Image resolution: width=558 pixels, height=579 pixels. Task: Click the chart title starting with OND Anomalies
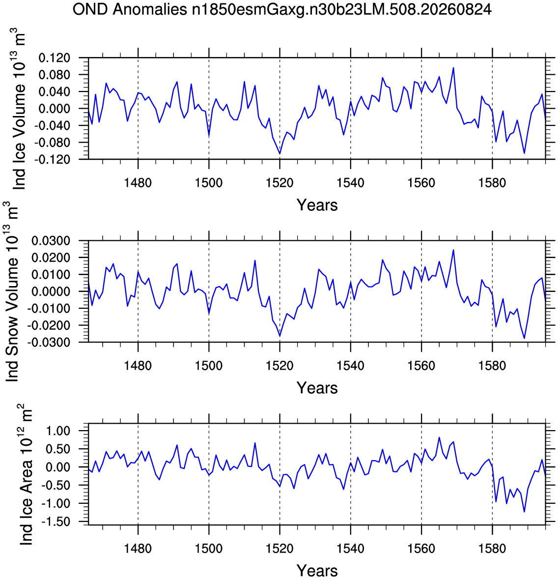tap(282, 10)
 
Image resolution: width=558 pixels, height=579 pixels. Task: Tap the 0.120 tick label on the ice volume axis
tap(54, 58)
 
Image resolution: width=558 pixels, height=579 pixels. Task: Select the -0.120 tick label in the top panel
tap(52, 160)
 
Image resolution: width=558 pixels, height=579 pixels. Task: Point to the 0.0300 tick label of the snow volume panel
tap(51, 241)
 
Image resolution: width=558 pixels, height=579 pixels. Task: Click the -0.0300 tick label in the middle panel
tap(49, 342)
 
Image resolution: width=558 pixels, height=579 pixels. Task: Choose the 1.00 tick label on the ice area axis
tap(58, 431)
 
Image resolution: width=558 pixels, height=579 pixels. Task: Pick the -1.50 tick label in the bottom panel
tap(56, 521)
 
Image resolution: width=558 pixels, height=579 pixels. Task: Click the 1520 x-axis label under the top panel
tap(280, 183)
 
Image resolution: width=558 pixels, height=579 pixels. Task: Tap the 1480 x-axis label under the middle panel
tap(138, 366)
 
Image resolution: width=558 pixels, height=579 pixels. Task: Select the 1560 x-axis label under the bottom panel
tap(421, 549)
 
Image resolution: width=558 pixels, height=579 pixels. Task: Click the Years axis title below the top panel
tap(317, 205)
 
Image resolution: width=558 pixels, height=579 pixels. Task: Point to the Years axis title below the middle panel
tap(317, 388)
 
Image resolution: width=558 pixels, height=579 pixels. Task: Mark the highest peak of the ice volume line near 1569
tap(453, 67)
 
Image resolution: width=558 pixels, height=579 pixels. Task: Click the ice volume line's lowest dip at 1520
tap(280, 154)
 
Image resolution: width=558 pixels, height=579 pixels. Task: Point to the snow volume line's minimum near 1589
tap(524, 338)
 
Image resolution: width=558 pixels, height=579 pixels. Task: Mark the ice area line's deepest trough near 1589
tap(524, 512)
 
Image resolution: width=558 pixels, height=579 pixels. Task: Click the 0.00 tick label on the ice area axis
tap(58, 467)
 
